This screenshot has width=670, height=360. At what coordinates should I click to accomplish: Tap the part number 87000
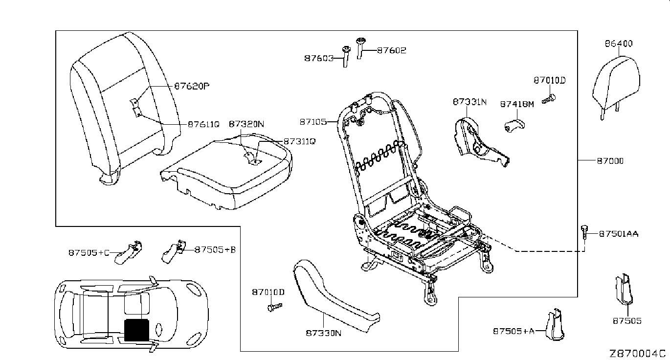(x=610, y=160)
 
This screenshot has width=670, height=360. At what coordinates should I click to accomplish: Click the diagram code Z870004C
(x=637, y=353)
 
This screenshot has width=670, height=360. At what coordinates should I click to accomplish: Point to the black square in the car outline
(x=136, y=329)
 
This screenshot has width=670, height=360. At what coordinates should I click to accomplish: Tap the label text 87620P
(x=192, y=86)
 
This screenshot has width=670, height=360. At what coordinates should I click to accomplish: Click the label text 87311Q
(x=298, y=141)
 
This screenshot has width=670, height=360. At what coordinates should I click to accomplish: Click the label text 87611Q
(x=203, y=124)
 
